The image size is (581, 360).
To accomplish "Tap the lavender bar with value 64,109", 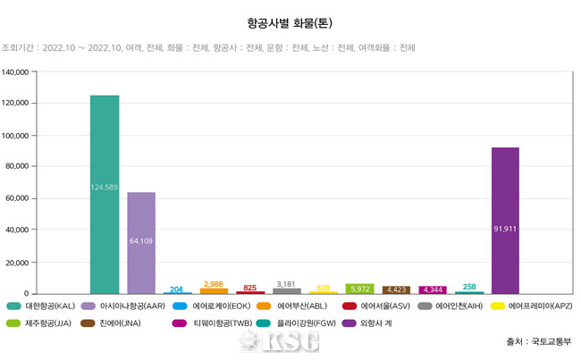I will [141, 242].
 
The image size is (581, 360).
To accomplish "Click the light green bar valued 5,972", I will [359, 289].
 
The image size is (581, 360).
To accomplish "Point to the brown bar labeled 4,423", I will [396, 289].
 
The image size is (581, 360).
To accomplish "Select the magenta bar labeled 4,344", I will [433, 289].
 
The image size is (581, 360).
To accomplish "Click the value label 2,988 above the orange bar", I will [214, 283].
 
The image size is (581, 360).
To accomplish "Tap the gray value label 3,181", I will [286, 283].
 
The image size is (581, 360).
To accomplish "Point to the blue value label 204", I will [177, 289].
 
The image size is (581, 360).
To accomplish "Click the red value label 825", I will [250, 288].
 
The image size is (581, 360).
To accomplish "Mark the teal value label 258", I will [469, 287].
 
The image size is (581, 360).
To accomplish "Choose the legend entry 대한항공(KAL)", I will [52, 306].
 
